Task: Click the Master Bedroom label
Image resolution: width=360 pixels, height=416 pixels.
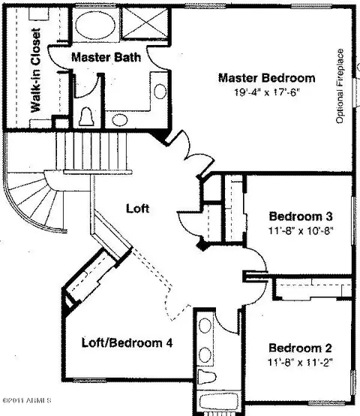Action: (x=267, y=78)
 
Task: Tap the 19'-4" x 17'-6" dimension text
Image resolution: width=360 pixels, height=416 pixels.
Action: (x=266, y=92)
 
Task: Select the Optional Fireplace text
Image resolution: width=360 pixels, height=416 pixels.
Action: (x=340, y=86)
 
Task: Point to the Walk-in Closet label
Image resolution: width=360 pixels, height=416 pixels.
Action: (x=35, y=71)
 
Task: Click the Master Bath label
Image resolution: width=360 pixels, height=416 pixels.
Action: (x=106, y=57)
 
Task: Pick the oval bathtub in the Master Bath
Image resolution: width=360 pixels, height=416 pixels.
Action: (x=95, y=26)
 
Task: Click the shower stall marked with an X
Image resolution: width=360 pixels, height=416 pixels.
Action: (x=145, y=23)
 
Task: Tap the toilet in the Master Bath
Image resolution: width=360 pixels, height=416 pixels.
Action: (x=86, y=116)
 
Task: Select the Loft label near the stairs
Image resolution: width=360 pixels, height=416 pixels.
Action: (x=137, y=208)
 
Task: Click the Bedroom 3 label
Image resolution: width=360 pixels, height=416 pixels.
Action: (x=301, y=216)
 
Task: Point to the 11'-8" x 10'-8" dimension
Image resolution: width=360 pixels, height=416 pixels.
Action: (x=301, y=231)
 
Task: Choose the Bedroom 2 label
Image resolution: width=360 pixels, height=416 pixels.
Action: (x=300, y=348)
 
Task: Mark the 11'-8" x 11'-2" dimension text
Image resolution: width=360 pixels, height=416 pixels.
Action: (x=300, y=362)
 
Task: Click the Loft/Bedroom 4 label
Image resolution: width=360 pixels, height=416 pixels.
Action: (x=127, y=342)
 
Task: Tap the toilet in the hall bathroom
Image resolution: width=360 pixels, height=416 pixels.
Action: (x=206, y=377)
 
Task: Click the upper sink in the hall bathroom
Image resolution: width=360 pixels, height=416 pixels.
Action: (x=205, y=326)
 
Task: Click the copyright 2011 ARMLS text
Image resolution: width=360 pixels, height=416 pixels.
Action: (x=27, y=400)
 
